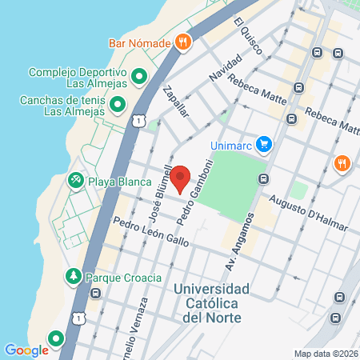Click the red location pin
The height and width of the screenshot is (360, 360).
[181, 178]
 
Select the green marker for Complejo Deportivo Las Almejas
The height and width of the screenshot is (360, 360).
[139, 77]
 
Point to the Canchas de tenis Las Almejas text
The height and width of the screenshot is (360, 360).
[63, 106]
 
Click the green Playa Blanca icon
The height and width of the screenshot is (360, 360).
[76, 181]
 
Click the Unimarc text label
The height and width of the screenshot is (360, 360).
[230, 145]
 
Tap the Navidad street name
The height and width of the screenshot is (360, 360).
[224, 66]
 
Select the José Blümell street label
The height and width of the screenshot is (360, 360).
[160, 193]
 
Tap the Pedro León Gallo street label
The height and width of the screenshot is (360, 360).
[150, 232]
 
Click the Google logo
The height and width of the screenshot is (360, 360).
[26, 350]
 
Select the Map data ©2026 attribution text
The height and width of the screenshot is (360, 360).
[325, 353]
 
